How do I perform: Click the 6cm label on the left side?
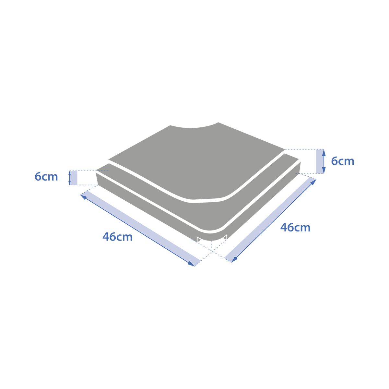tap(46, 177)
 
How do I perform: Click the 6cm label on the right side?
tap(343, 161)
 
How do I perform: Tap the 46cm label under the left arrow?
tap(117, 237)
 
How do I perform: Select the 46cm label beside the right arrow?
tap(295, 227)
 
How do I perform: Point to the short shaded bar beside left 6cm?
tap(74, 178)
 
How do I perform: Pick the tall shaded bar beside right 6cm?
tap(320, 161)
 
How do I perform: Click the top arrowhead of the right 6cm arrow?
tap(324, 152)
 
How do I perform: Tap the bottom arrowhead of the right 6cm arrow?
tap(324, 170)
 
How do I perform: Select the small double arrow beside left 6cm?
tap(70, 178)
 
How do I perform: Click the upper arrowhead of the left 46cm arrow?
tap(83, 196)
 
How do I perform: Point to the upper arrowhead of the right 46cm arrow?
tap(313, 182)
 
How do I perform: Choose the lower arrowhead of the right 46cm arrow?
tap(234, 259)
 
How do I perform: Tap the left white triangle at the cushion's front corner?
tap(199, 240)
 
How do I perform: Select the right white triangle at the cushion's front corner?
tap(225, 238)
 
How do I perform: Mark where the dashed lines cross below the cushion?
tap(212, 251)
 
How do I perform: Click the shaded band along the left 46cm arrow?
tap(140, 229)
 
